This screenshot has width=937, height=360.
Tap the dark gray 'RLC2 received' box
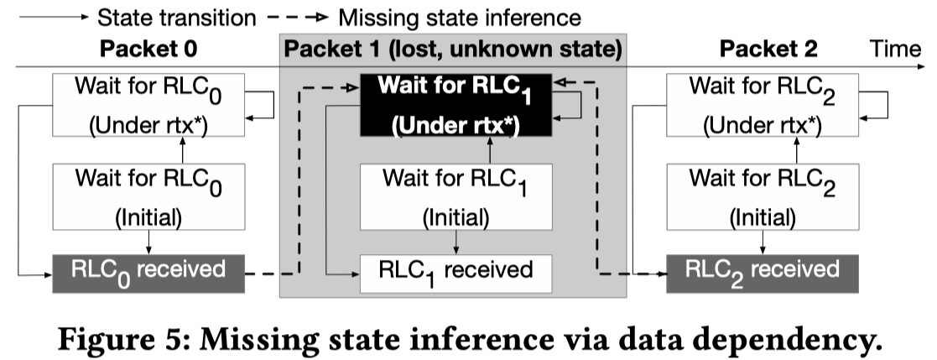[762, 270]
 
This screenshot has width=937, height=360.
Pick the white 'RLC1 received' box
[456, 271]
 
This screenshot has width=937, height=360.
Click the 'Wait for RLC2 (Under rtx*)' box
[762, 105]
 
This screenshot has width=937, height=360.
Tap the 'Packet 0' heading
[148, 49]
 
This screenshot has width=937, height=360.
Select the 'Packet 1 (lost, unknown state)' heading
[453, 49]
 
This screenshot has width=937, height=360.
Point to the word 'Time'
[894, 49]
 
